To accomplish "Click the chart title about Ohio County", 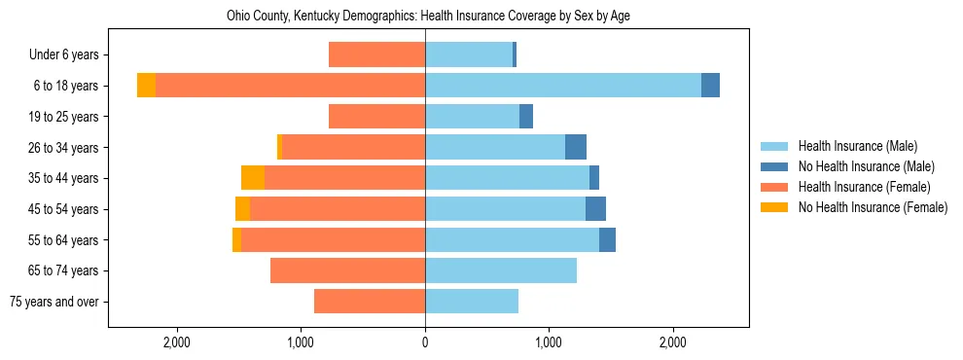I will click(x=429, y=17).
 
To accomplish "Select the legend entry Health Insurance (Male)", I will click(x=857, y=147).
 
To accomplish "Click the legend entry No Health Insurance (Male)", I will click(x=866, y=167).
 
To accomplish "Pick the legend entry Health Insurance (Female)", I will click(x=864, y=187).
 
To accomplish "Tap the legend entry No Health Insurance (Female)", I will click(x=873, y=207).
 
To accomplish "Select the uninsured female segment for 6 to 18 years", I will click(x=146, y=86).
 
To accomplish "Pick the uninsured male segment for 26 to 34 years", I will click(x=576, y=147).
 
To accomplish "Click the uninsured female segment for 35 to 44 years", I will click(x=253, y=178).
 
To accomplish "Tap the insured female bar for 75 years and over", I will click(x=370, y=302).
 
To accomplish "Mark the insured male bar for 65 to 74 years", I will click(x=501, y=270).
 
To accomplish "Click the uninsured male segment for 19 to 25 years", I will click(x=526, y=117).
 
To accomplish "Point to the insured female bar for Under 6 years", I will click(x=376, y=55).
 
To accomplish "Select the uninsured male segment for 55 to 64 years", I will click(x=607, y=239).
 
